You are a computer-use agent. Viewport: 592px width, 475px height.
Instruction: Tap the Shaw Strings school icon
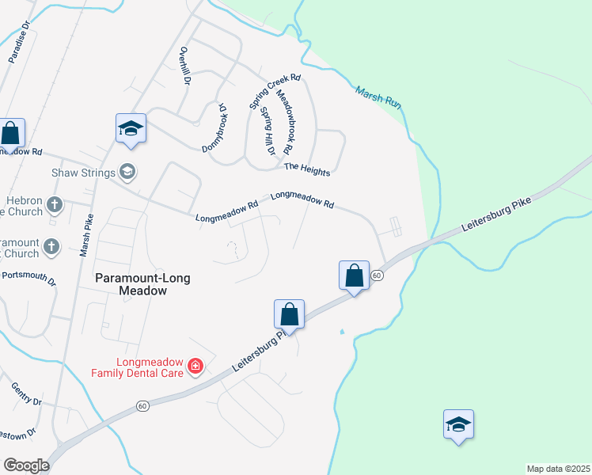point(127,172)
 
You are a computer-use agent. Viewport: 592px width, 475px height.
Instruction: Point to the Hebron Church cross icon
point(54,206)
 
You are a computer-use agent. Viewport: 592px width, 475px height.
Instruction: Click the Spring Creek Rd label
point(274,92)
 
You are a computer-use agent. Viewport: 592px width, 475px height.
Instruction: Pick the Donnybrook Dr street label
point(214,127)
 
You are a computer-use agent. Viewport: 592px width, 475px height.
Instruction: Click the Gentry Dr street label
point(25,393)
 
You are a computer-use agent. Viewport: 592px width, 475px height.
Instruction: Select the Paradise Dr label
point(19,42)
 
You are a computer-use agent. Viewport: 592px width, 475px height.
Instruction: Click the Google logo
point(26,465)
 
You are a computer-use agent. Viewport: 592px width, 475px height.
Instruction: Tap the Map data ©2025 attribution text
point(558,468)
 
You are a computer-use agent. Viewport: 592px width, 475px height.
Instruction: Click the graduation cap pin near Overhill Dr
point(131,129)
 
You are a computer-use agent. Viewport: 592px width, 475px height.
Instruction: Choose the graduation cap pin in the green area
point(458,424)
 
